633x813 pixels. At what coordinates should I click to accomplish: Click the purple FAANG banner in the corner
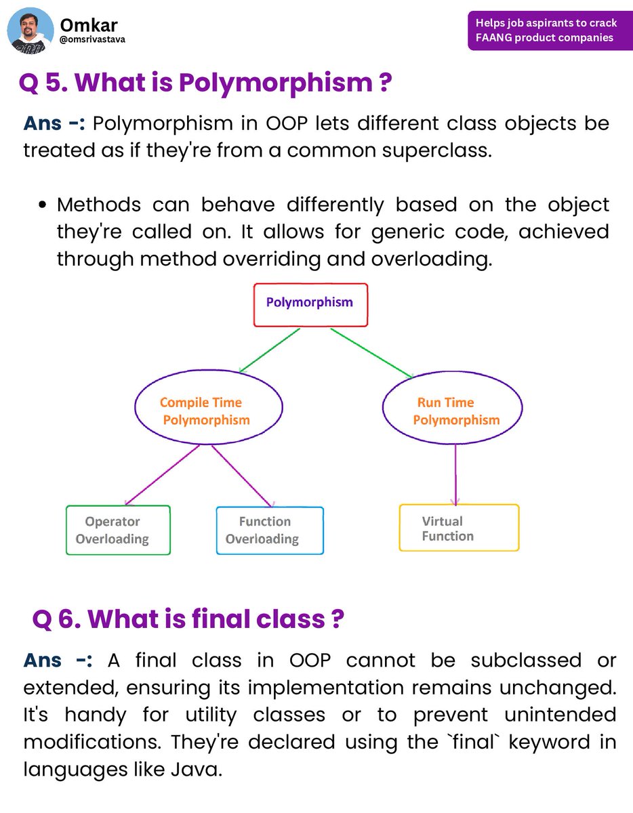546,30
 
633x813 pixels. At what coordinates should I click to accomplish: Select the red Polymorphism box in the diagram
310,304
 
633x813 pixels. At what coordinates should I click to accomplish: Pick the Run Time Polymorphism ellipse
453,411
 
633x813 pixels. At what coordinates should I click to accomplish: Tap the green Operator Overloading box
118,530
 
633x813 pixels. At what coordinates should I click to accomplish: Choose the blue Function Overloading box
270,530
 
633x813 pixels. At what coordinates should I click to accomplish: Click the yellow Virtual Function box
459,528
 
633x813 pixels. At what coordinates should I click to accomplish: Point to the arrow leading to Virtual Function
455,474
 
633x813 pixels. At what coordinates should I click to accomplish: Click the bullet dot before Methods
43,205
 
